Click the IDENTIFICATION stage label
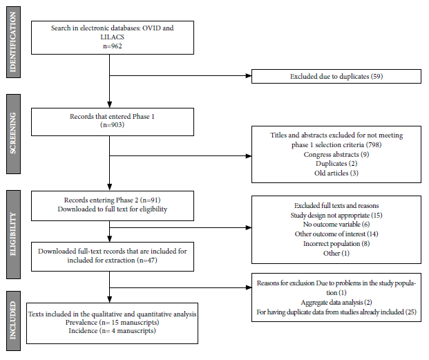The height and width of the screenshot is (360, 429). [13, 42]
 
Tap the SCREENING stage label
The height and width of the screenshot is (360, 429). [13, 134]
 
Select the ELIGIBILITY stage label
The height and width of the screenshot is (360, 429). [13, 234]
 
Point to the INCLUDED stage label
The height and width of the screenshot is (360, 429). [13, 321]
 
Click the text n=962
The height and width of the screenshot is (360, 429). [113, 46]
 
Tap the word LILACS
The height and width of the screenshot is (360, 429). [113, 37]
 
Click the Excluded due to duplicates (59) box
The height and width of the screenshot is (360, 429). [336, 76]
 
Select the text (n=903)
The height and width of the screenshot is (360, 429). [112, 125]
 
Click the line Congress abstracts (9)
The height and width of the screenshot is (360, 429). [336, 155]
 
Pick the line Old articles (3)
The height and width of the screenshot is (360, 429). [336, 173]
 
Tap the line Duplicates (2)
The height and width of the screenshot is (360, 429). [336, 164]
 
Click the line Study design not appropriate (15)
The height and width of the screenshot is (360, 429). [336, 216]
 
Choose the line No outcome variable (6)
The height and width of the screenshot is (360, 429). [336, 225]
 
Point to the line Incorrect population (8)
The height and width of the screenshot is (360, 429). [336, 243]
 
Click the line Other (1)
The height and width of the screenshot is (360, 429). [336, 254]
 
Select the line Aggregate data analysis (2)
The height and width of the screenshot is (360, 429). [336, 303]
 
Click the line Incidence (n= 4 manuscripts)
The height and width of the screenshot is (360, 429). [112, 331]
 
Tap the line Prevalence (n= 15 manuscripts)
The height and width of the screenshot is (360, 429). [112, 323]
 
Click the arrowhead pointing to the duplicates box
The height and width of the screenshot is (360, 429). [249, 76]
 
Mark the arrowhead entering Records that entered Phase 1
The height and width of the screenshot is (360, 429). [109, 105]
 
